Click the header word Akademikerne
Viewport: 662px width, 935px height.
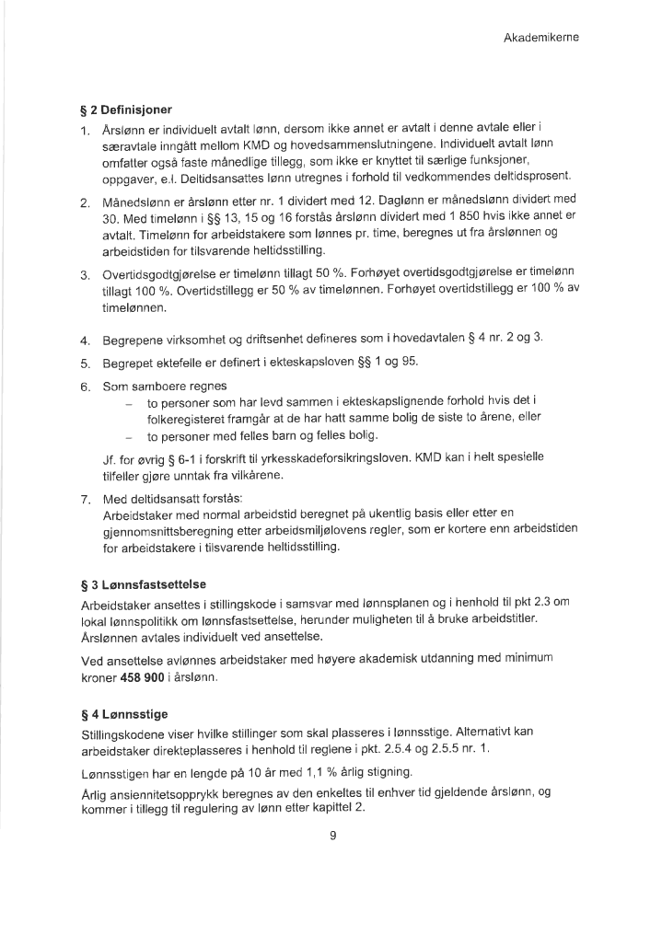coord(540,38)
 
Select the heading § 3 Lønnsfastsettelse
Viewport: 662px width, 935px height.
coord(143,583)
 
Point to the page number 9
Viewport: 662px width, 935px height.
coord(331,836)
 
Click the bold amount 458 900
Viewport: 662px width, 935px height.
coord(145,677)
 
